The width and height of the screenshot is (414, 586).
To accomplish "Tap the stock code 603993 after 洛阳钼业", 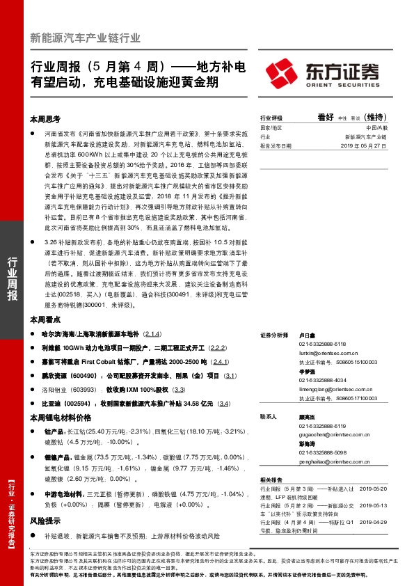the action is click(87, 390).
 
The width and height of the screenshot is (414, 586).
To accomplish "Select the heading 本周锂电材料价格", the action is click(60, 418).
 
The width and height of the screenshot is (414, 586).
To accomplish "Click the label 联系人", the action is click(269, 417).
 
